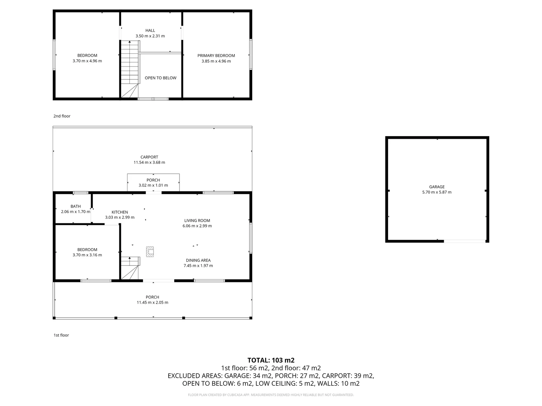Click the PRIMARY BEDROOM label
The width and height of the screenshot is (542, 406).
(x=216, y=56)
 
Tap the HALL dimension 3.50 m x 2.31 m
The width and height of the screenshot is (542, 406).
(x=150, y=36)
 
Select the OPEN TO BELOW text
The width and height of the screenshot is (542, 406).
(x=160, y=78)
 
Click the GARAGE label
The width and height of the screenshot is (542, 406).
(x=437, y=187)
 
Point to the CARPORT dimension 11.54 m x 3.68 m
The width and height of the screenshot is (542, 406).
(x=149, y=163)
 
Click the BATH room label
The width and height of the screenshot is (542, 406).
(x=76, y=206)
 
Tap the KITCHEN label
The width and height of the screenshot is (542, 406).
(x=120, y=212)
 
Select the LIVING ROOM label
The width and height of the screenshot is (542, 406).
(x=197, y=221)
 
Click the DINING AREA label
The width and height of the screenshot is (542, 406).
(x=198, y=261)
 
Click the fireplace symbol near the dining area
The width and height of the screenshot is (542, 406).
(x=150, y=252)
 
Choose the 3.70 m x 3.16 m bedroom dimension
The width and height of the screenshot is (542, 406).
(x=87, y=255)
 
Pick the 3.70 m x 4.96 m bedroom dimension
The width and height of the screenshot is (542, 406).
(x=87, y=61)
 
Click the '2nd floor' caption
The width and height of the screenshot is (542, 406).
(x=62, y=116)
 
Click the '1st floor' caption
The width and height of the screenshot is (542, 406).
(x=61, y=335)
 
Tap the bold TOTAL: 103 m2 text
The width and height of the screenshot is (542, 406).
(x=271, y=360)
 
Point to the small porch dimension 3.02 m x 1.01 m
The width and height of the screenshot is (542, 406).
(x=153, y=185)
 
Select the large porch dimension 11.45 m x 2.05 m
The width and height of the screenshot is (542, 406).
(x=152, y=303)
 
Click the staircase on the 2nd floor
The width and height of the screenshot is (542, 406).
(x=130, y=68)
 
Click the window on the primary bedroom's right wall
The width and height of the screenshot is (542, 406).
(x=251, y=55)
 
